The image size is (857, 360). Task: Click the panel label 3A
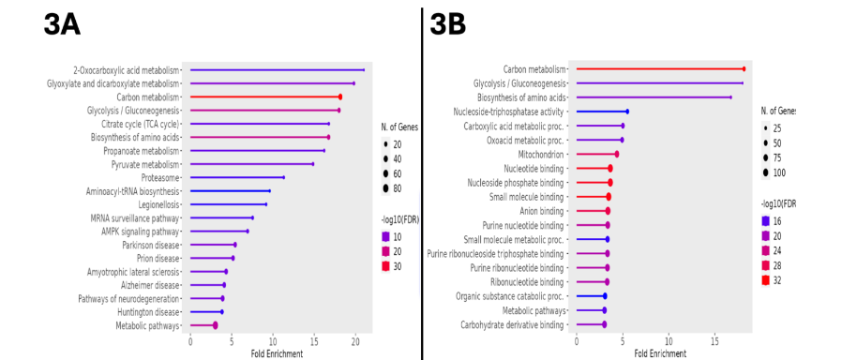(62, 25)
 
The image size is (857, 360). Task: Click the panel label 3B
(447, 25)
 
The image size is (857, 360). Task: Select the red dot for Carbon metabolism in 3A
(339, 97)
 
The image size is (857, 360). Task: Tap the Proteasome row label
(159, 177)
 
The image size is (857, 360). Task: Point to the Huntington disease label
(148, 311)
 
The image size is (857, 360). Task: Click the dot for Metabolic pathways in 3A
(215, 325)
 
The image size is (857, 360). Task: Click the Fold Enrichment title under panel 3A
(277, 353)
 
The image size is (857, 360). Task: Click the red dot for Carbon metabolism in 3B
(744, 68)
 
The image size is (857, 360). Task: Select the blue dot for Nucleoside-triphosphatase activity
(626, 112)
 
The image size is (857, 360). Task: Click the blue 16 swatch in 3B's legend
(766, 221)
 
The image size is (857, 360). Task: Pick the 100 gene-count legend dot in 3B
(766, 172)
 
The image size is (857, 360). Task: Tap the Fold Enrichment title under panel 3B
(662, 353)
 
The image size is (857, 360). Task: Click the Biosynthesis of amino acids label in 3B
(522, 97)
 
